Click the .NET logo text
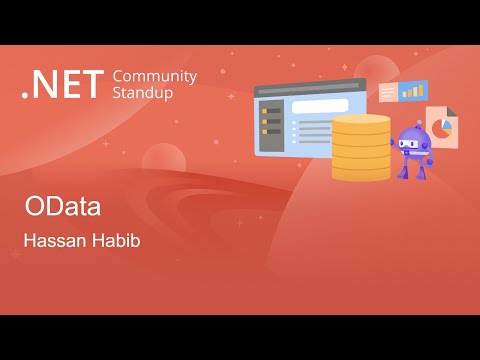click(x=61, y=86)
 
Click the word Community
click(x=155, y=76)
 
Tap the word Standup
click(x=143, y=93)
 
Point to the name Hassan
click(x=52, y=241)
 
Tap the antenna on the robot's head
click(x=413, y=121)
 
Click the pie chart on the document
click(x=441, y=137)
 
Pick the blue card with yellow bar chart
click(x=412, y=91)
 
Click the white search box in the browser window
click(x=319, y=105)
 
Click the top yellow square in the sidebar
click(x=264, y=111)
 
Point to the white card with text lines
click(x=388, y=93)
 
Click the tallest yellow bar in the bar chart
click(x=420, y=89)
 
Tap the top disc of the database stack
click(x=360, y=121)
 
